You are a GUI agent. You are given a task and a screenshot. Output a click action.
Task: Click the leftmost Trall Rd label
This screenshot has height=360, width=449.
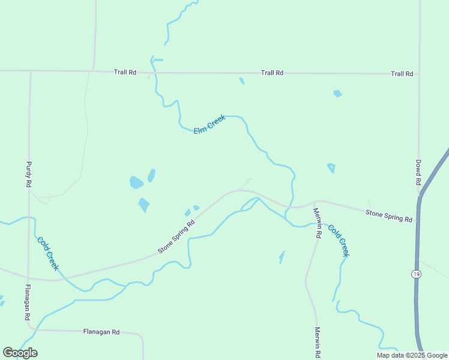(x=125, y=73)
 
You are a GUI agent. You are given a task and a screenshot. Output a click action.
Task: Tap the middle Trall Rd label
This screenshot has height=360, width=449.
(x=272, y=73)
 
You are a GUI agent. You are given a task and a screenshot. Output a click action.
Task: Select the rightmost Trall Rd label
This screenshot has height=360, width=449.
(x=402, y=74)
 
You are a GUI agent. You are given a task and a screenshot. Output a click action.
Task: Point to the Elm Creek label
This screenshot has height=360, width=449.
(x=209, y=125)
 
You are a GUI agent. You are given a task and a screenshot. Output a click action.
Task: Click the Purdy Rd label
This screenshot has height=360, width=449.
(x=28, y=174)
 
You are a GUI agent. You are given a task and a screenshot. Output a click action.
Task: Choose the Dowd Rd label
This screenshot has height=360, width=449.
(x=418, y=171)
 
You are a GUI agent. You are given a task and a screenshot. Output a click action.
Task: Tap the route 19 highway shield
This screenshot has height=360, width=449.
(x=415, y=274)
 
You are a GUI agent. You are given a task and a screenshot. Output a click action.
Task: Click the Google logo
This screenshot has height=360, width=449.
(x=20, y=353)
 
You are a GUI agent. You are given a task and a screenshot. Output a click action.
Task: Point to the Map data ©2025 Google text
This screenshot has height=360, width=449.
(x=412, y=355)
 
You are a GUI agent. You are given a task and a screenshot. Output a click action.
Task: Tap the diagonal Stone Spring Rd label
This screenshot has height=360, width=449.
(x=176, y=236)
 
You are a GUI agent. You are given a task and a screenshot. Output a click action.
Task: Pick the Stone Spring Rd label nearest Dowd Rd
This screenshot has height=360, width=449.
(x=389, y=216)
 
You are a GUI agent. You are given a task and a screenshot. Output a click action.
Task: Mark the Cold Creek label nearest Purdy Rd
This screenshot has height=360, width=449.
(x=48, y=253)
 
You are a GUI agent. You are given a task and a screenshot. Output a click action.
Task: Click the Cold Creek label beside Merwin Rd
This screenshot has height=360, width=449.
(x=338, y=240)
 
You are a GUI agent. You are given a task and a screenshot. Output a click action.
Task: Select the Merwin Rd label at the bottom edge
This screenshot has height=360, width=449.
(x=318, y=342)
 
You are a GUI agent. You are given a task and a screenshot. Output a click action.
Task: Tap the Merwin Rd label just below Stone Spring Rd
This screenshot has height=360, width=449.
(x=316, y=223)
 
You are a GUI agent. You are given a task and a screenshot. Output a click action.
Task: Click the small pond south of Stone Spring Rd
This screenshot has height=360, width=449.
(x=282, y=257)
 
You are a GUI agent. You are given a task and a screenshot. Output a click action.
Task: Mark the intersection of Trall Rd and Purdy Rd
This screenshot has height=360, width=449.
(x=29, y=71)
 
